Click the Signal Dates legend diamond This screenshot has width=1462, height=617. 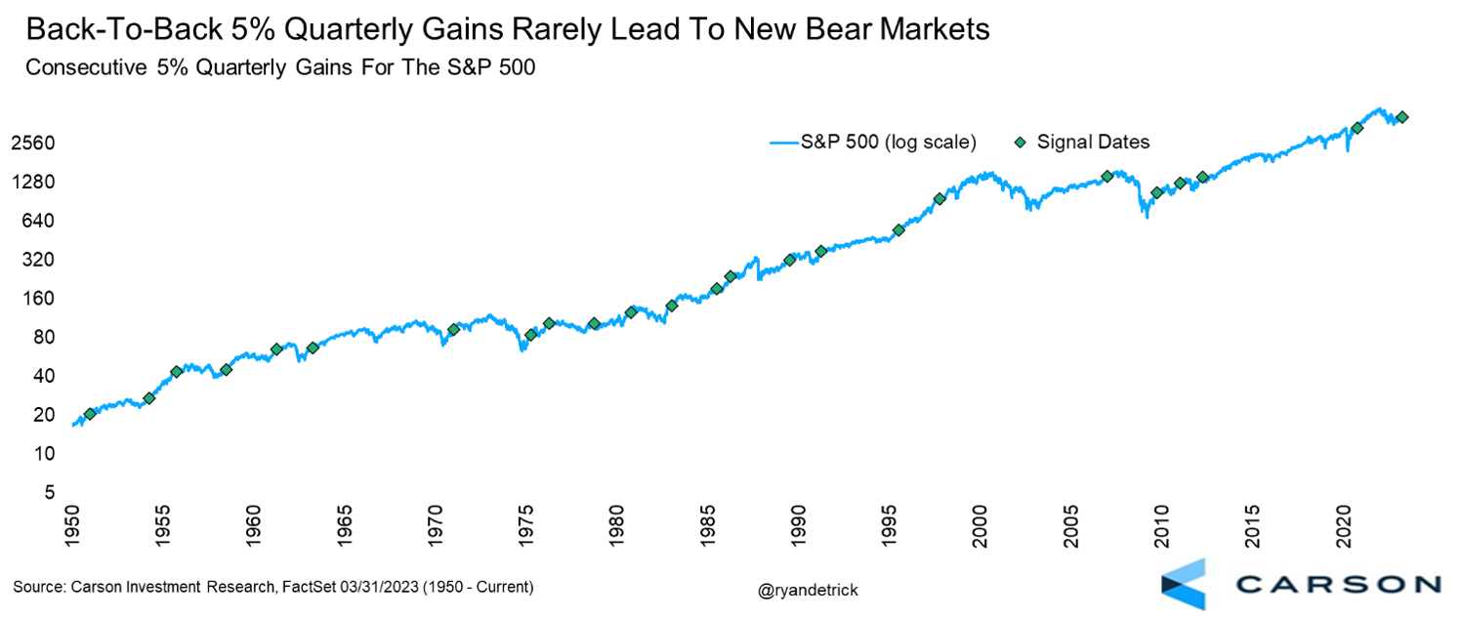1020,143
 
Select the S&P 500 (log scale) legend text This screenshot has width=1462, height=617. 888,143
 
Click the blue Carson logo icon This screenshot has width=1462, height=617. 1183,584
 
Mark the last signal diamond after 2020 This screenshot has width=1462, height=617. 1402,117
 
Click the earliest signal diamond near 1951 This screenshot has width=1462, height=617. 90,414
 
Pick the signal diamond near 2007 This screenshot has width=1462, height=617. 1107,177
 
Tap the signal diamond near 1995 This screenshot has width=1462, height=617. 898,230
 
